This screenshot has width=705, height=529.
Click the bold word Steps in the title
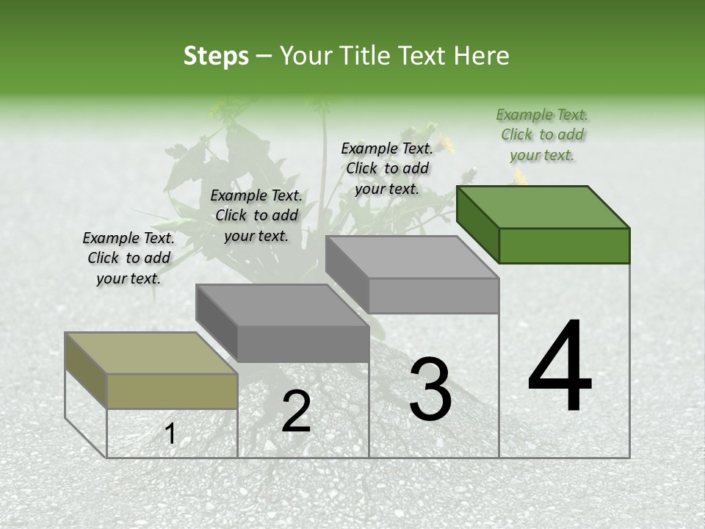[215, 56]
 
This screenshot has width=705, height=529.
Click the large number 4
[560, 367]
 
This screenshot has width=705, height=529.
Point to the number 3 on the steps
[430, 389]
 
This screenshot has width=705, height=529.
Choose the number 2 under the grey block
[296, 411]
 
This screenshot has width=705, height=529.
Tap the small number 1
[170, 434]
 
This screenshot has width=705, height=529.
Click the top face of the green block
[542, 206]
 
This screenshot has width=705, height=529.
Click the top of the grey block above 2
[281, 305]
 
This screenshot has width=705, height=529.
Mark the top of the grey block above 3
[411, 257]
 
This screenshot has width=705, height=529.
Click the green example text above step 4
[542, 134]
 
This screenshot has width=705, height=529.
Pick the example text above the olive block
[129, 258]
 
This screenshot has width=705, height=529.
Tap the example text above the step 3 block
[387, 168]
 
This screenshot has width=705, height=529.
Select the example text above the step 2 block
[256, 215]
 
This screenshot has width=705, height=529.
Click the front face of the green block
[564, 245]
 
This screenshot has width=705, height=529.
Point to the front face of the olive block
[173, 391]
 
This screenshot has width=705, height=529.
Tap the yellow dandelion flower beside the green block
[520, 176]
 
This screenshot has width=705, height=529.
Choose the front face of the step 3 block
[433, 295]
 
